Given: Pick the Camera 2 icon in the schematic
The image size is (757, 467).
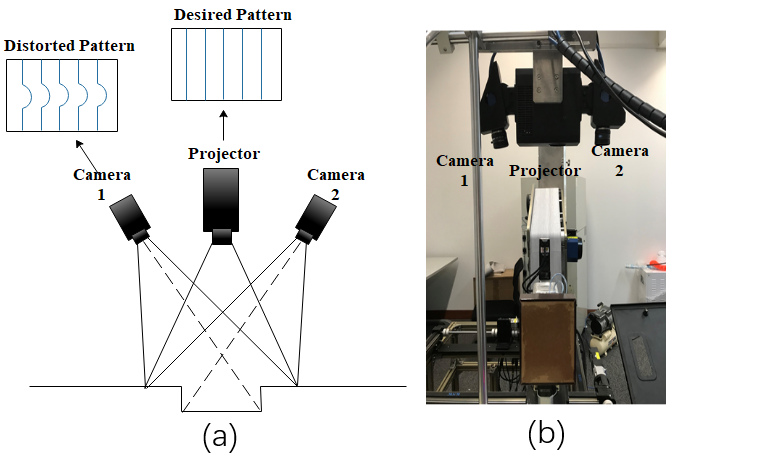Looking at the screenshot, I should (x=316, y=217).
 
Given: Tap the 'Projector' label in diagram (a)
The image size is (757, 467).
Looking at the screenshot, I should (x=224, y=154).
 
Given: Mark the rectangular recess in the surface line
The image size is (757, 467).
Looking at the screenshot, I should (x=221, y=398).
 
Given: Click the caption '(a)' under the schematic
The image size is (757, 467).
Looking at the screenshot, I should (x=219, y=436).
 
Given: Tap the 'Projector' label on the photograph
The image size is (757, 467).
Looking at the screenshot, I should (x=545, y=171).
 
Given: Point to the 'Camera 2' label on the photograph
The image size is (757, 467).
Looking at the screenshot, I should (x=621, y=161).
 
